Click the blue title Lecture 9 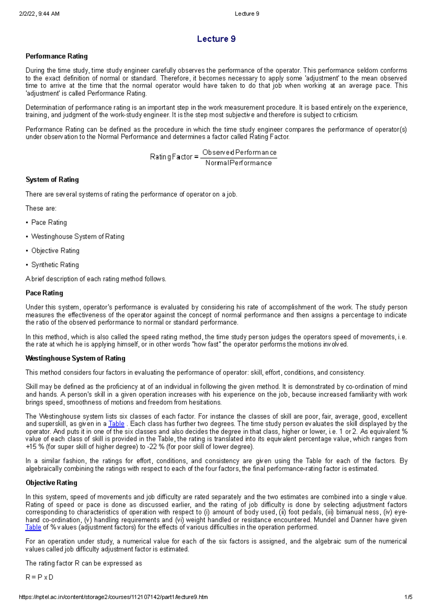(216, 39)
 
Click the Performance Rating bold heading (57, 56)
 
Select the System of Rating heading (52, 180)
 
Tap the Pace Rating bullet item (49, 222)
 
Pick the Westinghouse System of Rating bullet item (78, 236)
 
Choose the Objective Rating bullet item (55, 250)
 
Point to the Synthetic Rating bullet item (55, 265)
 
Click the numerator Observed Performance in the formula (239, 152)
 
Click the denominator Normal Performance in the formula (239, 163)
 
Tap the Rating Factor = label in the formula (174, 157)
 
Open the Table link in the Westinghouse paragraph (116, 424)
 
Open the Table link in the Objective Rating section (33, 527)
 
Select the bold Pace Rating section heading (44, 293)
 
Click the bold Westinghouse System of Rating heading (75, 358)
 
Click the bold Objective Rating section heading (51, 483)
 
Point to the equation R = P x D (39, 577)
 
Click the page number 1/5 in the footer (408, 597)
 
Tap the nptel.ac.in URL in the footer (113, 597)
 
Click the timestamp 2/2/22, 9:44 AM (39, 14)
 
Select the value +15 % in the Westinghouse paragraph (33, 447)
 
